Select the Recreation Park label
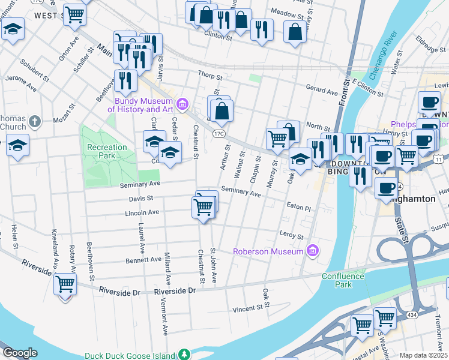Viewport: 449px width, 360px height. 107,151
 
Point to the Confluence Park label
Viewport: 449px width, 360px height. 343,280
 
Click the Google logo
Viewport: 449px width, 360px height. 20,353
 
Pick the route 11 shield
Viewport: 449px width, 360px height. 439,158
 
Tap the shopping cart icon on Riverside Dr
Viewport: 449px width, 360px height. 65,284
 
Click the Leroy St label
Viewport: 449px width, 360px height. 292,235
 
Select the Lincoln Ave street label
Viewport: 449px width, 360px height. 142,212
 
